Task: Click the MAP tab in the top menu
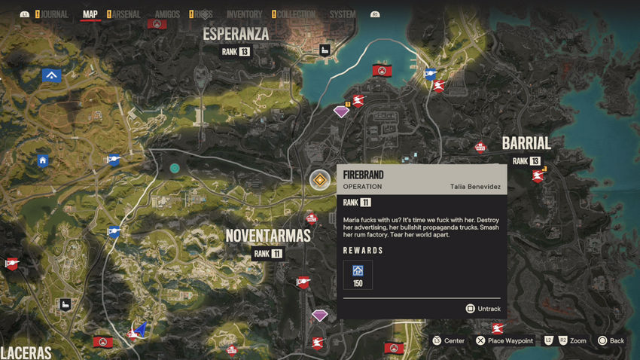click(x=90, y=14)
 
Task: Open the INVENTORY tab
click(x=244, y=14)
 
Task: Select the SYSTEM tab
click(x=343, y=14)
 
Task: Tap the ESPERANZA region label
click(x=236, y=34)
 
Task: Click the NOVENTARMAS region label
click(x=268, y=236)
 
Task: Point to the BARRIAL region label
click(x=526, y=143)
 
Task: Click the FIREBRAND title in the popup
click(x=363, y=175)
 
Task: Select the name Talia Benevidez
click(x=475, y=187)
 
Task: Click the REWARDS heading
click(x=363, y=251)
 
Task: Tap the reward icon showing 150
click(x=358, y=274)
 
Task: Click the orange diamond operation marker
click(x=320, y=179)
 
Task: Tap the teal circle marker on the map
click(x=175, y=168)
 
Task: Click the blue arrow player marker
click(x=140, y=329)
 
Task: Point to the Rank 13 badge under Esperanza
click(x=236, y=51)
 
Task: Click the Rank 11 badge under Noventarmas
click(x=267, y=254)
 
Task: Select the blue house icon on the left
click(x=43, y=160)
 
